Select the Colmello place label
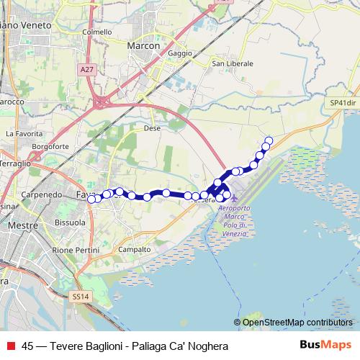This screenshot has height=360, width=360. [97, 32]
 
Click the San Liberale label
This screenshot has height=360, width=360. [233, 64]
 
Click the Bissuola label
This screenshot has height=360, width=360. [71, 223]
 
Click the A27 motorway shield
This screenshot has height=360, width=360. [87, 69]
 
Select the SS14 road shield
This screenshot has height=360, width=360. [81, 296]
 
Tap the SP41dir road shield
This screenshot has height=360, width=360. [343, 103]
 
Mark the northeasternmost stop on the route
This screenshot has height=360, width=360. [269, 140]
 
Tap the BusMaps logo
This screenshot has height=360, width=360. [325, 346]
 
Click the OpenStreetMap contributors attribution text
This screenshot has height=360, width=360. [297, 322]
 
